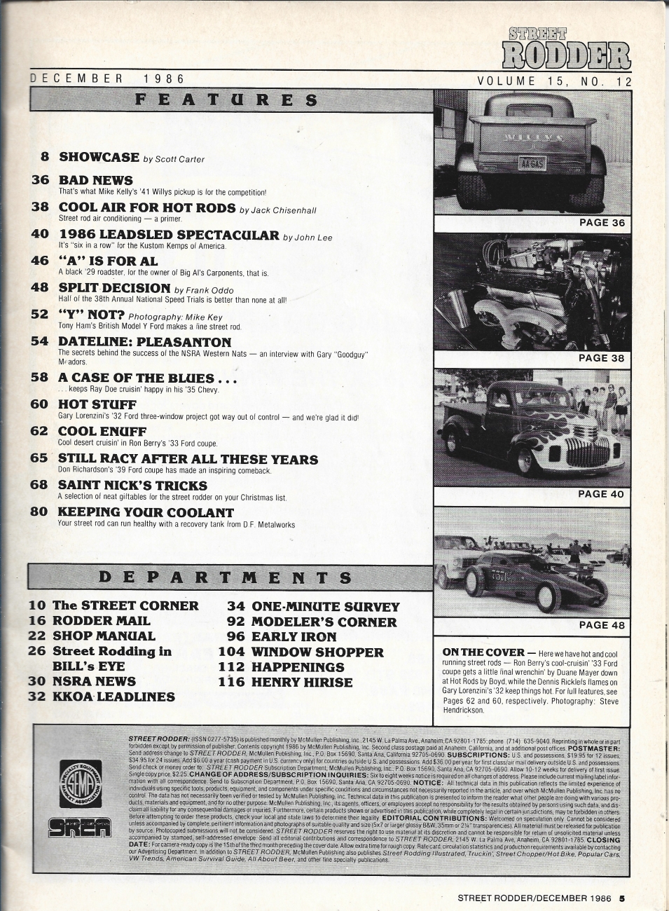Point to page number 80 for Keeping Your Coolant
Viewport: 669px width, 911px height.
[x=40, y=512]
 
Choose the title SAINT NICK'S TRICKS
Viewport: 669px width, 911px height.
[x=132, y=485]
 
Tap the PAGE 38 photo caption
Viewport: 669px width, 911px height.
[x=602, y=358]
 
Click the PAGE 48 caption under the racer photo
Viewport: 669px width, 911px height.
[x=602, y=625]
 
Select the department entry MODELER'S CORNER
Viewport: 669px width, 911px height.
[x=324, y=622]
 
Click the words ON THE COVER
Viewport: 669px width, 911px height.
[x=473, y=652]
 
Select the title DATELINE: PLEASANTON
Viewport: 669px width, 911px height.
[x=144, y=342]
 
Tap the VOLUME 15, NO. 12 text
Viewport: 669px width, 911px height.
[x=554, y=82]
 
